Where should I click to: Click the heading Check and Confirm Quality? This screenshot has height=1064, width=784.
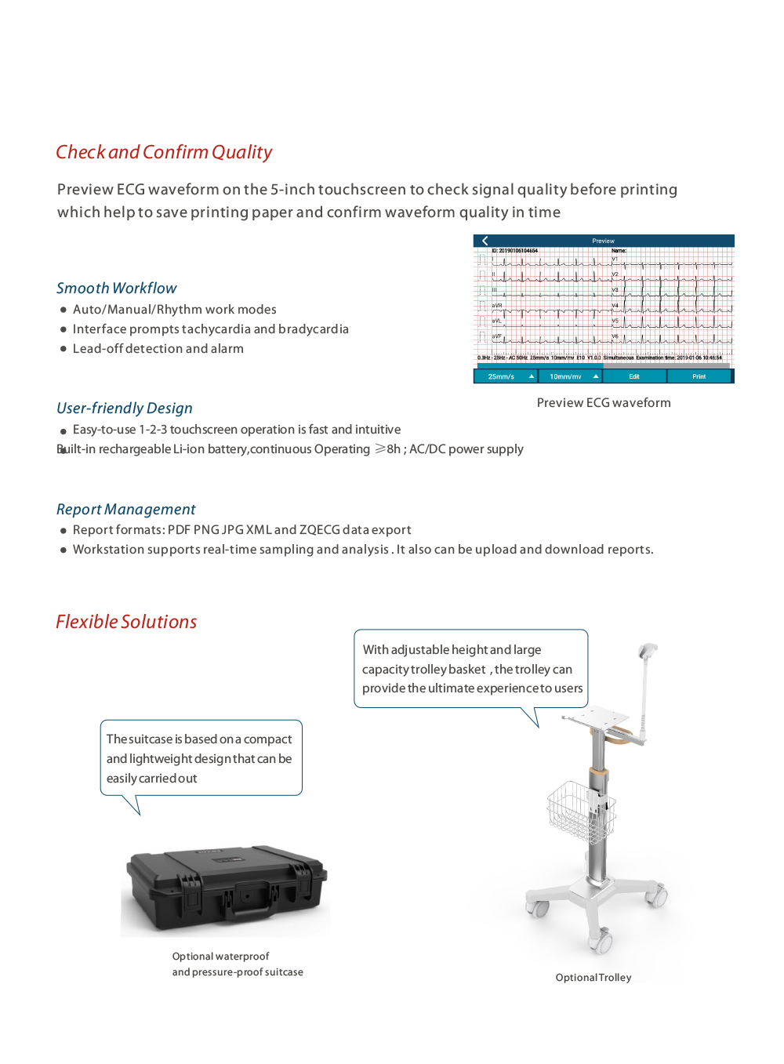tap(164, 152)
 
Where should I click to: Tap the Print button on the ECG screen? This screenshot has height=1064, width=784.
tap(699, 376)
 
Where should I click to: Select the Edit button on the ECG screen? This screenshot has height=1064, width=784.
tap(634, 376)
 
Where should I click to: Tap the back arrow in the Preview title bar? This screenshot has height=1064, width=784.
tap(485, 241)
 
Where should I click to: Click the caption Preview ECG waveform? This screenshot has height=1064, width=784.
tap(604, 403)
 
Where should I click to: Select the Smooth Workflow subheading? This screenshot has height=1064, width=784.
tap(116, 288)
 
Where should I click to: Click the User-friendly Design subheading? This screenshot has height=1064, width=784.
tap(124, 408)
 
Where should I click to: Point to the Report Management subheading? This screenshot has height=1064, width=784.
tap(125, 509)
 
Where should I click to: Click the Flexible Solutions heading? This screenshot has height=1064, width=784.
tap(126, 622)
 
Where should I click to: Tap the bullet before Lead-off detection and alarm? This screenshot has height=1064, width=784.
tap(64, 349)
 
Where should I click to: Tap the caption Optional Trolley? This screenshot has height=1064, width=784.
tap(593, 978)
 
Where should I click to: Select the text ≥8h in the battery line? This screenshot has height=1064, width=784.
tap(387, 449)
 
